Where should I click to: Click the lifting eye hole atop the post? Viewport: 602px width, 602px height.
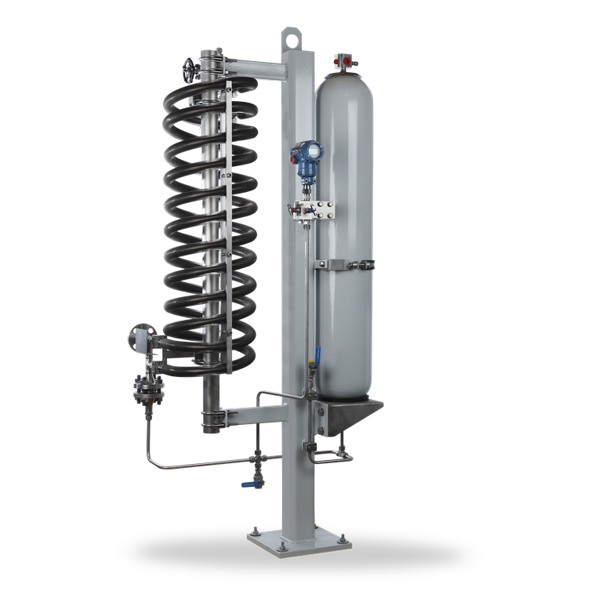click(292, 36)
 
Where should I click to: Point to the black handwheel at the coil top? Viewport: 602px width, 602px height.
click(187, 68)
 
